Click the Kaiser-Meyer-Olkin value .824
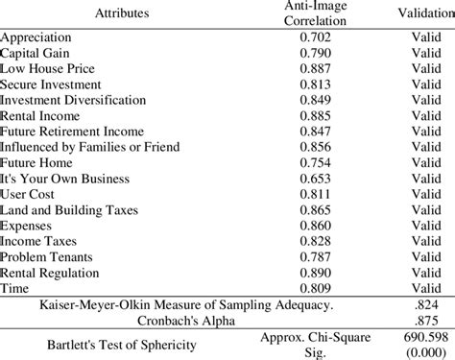(x=422, y=304)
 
